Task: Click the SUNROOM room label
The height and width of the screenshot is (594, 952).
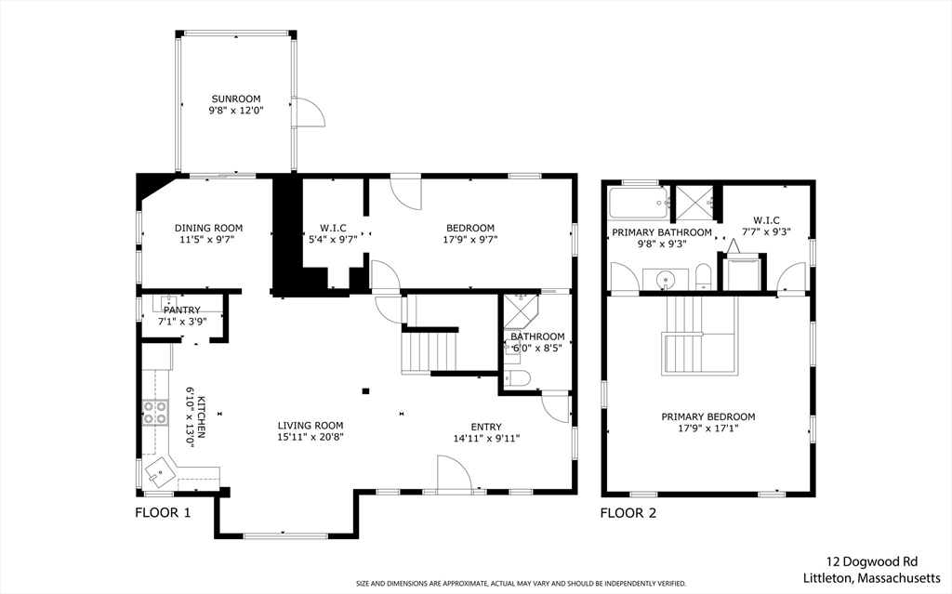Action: pyautogui.click(x=235, y=99)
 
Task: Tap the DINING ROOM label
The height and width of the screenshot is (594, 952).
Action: pyautogui.click(x=208, y=229)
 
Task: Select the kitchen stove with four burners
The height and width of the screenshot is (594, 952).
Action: pyautogui.click(x=155, y=413)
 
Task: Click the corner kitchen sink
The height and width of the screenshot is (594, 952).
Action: pyautogui.click(x=158, y=471)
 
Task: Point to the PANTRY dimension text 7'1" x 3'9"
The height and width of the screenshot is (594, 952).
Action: pyautogui.click(x=182, y=322)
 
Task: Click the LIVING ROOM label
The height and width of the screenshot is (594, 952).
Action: pyautogui.click(x=311, y=426)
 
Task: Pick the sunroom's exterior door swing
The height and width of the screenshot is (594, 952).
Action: pyautogui.click(x=310, y=112)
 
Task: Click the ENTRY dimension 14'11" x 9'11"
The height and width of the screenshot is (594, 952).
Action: pyautogui.click(x=486, y=439)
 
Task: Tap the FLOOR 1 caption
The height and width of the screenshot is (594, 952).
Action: pyautogui.click(x=163, y=513)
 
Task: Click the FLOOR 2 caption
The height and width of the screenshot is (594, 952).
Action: pyautogui.click(x=628, y=513)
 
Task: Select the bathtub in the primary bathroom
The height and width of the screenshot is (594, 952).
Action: pyautogui.click(x=639, y=203)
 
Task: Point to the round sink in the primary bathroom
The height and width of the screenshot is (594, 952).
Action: pyautogui.click(x=667, y=280)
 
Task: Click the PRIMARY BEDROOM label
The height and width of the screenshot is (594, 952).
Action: pyautogui.click(x=708, y=417)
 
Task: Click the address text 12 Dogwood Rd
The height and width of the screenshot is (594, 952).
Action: pyautogui.click(x=871, y=561)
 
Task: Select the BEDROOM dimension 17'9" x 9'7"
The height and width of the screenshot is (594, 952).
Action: pyautogui.click(x=469, y=239)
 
